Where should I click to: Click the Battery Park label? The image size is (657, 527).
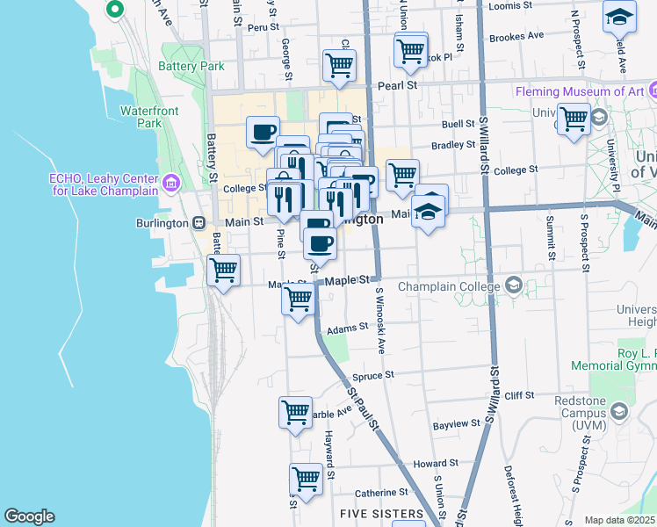click(x=191, y=66)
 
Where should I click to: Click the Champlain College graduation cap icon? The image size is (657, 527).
click(x=514, y=285)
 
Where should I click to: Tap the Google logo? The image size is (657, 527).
click(x=29, y=516)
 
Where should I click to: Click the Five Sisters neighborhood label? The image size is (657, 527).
click(x=381, y=513)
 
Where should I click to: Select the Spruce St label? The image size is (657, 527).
click(x=372, y=375)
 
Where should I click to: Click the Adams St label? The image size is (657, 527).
click(x=346, y=327)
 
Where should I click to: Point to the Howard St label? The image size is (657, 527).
click(x=436, y=463)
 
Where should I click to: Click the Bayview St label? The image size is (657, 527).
click(x=456, y=423)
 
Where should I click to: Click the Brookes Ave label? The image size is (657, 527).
click(x=516, y=37)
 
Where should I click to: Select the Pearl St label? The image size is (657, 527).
click(x=395, y=86)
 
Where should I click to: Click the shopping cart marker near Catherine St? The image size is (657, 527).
click(x=305, y=480)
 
